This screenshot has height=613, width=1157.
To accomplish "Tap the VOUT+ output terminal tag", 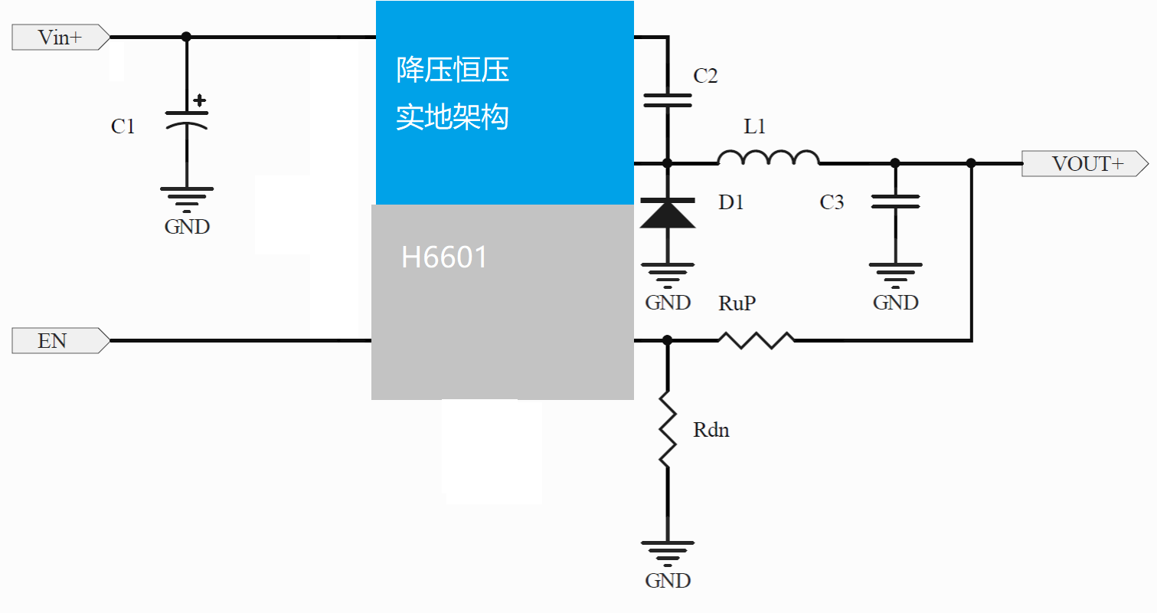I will click(1084, 164).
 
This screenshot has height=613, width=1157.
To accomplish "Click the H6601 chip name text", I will click(444, 258).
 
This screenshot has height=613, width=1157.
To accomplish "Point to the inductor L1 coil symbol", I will click(768, 158).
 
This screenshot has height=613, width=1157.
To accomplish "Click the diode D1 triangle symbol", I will click(668, 214).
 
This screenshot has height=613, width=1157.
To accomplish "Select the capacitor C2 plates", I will click(668, 100).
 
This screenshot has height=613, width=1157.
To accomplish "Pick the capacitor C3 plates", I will click(895, 202).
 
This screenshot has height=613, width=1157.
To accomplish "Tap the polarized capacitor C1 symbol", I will click(187, 119).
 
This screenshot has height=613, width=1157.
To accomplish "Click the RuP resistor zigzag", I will click(756, 340).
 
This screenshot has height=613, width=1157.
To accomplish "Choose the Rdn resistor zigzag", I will click(668, 429).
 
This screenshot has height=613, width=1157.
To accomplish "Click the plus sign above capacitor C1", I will click(200, 100).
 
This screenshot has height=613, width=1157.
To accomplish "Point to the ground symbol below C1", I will click(187, 198).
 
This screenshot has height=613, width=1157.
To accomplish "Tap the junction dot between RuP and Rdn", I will click(668, 339).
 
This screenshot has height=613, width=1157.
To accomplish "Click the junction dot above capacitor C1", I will click(186, 37).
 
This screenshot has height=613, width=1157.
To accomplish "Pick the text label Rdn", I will click(711, 430).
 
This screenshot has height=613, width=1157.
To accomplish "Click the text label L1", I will click(755, 127).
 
